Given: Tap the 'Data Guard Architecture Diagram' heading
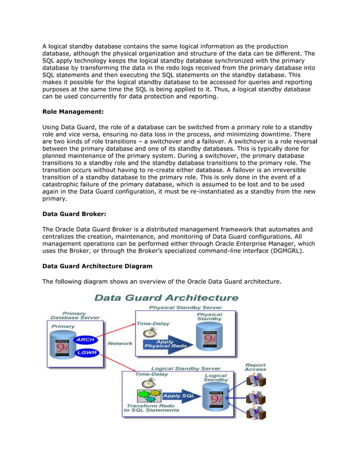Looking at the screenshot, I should click(x=97, y=265).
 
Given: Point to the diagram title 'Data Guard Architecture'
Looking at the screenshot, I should click(x=166, y=297).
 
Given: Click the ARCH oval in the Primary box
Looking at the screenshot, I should click(x=85, y=340).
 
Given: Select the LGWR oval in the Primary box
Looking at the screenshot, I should click(x=85, y=353).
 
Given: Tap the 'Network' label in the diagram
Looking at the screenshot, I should click(x=120, y=343).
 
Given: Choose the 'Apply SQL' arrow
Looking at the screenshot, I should click(x=179, y=395).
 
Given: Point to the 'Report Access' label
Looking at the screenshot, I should click(x=255, y=367).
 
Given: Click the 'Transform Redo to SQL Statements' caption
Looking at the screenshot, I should click(x=151, y=408).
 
